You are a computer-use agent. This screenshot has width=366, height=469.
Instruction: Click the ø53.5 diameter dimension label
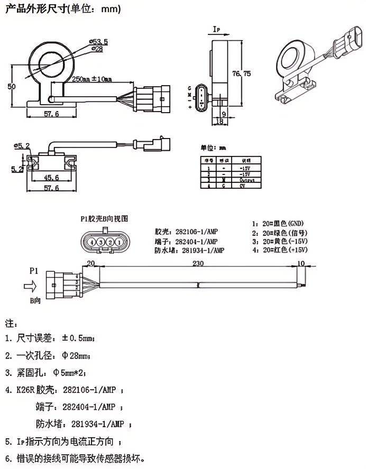click(x=99, y=41)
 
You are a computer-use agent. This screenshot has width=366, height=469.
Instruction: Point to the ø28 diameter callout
click(x=97, y=49)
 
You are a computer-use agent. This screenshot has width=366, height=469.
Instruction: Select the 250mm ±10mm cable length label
click(x=92, y=80)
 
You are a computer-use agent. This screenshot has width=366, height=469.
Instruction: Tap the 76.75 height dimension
click(x=241, y=74)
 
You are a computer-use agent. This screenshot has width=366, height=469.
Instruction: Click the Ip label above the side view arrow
click(x=216, y=29)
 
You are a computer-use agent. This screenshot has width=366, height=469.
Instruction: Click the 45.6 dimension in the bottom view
click(x=50, y=178)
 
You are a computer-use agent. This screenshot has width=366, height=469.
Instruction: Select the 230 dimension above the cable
click(x=198, y=263)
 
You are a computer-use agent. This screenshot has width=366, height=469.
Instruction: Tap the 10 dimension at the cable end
click(x=301, y=263)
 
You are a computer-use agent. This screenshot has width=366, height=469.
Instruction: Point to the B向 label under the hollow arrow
click(x=35, y=300)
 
